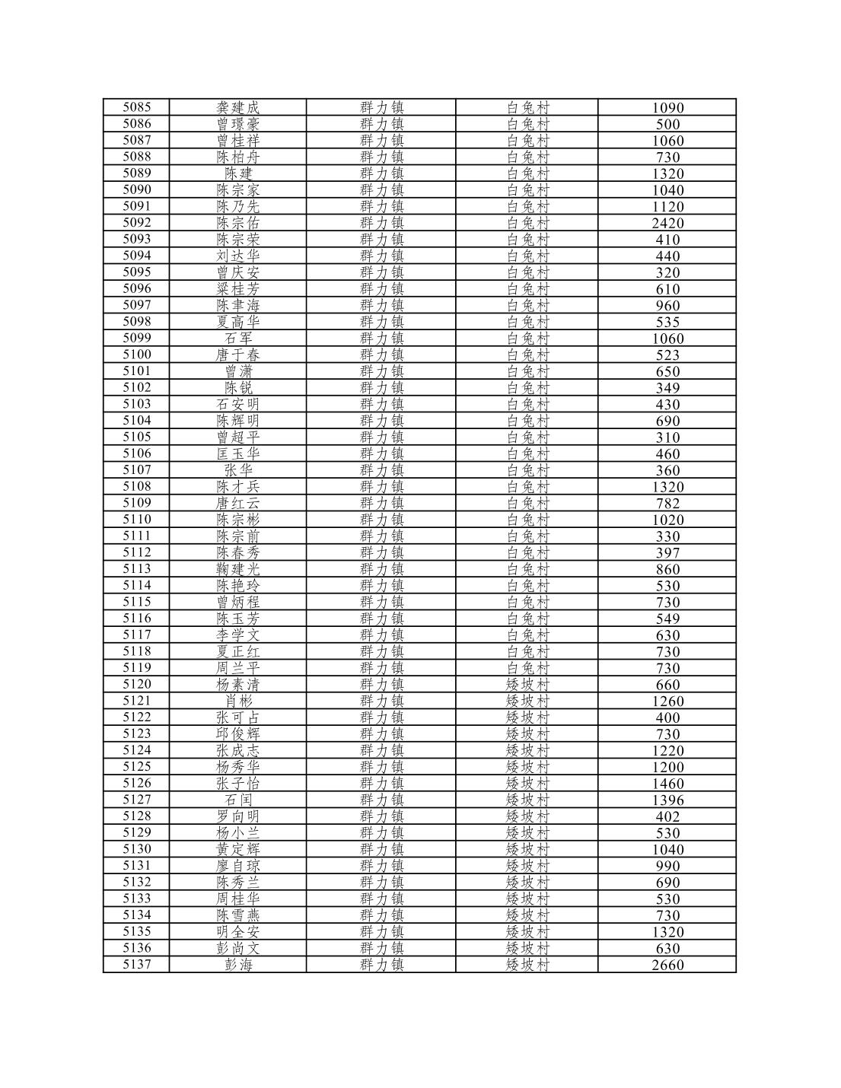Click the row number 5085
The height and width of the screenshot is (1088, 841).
(x=136, y=107)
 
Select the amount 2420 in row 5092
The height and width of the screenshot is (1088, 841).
(x=667, y=223)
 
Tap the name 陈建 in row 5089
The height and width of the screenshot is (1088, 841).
(x=237, y=173)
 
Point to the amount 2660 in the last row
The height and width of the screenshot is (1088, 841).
(x=667, y=965)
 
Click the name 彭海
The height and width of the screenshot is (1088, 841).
(x=237, y=965)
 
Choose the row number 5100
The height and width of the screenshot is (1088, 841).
(x=136, y=355)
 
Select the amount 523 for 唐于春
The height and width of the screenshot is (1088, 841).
(x=667, y=355)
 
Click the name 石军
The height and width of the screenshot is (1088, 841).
(x=237, y=339)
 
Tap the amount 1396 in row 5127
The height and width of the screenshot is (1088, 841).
(x=667, y=800)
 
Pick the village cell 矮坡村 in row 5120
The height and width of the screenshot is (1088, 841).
(x=527, y=685)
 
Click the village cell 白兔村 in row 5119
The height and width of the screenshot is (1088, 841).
(x=527, y=668)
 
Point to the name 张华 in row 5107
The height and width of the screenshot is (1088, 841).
(x=237, y=470)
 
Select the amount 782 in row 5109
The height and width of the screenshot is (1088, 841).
(x=667, y=503)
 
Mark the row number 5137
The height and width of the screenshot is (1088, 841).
(x=136, y=965)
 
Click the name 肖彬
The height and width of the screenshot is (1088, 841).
(x=237, y=701)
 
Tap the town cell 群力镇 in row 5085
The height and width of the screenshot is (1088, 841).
(x=381, y=107)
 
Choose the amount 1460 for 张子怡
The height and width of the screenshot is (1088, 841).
(x=667, y=784)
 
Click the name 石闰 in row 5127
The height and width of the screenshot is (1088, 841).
(x=237, y=800)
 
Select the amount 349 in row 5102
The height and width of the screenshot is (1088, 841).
(x=667, y=388)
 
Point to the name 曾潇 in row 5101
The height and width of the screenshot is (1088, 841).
(x=237, y=371)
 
